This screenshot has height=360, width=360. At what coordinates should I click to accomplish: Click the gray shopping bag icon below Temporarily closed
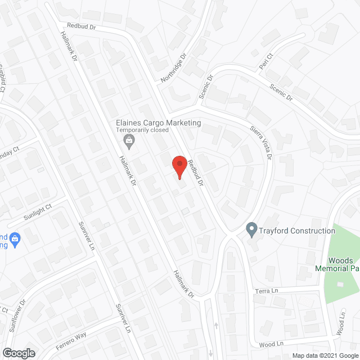click(x=129, y=141)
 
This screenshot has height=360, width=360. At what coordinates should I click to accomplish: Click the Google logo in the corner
click(x=18, y=353)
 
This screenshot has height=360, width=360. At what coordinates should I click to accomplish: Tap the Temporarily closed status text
click(x=142, y=130)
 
